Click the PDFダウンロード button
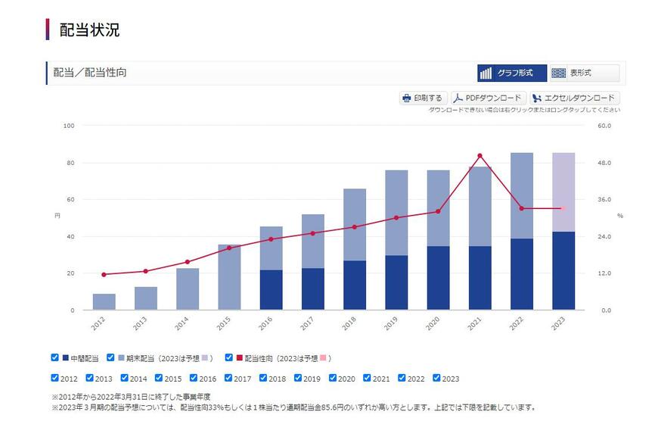(x=489, y=98)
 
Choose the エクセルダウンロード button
(x=575, y=98)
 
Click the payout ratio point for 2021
(x=480, y=156)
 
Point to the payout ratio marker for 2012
(x=104, y=274)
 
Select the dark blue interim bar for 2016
(x=272, y=290)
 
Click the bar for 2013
(x=146, y=298)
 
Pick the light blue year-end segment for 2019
(x=396, y=213)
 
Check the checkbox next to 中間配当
(x=54, y=357)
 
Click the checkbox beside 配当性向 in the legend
(x=229, y=357)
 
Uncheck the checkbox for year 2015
(x=159, y=378)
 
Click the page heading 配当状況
(x=89, y=30)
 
